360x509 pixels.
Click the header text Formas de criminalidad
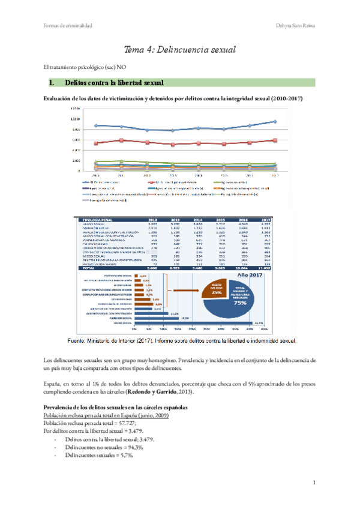(x=70, y=25)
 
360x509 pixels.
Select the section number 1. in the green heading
(x=52, y=82)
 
